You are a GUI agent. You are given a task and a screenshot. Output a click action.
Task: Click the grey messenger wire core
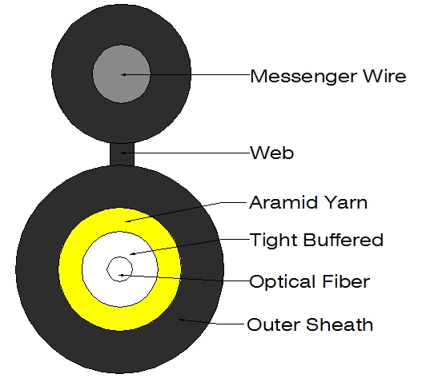point(122,74)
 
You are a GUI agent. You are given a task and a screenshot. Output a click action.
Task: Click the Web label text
point(272,153)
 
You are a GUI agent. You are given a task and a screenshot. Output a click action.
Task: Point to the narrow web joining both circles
point(122,154)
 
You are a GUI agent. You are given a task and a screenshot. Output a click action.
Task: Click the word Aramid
point(282,202)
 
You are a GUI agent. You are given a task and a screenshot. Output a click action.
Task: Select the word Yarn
point(346,202)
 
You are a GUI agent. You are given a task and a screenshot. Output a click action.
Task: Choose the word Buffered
point(344,240)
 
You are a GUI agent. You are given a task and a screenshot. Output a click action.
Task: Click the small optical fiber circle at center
point(119,269)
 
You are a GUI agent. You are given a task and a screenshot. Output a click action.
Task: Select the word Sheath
point(340,324)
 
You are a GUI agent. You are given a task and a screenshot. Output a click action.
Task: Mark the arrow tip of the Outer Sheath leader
point(179,319)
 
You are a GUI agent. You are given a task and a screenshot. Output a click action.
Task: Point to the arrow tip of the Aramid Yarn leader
point(126,222)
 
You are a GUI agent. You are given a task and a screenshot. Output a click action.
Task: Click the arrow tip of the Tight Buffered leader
point(130,254)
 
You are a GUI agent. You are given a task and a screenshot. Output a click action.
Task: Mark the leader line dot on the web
point(123,153)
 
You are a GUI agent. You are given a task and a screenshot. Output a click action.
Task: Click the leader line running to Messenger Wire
point(187,74)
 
